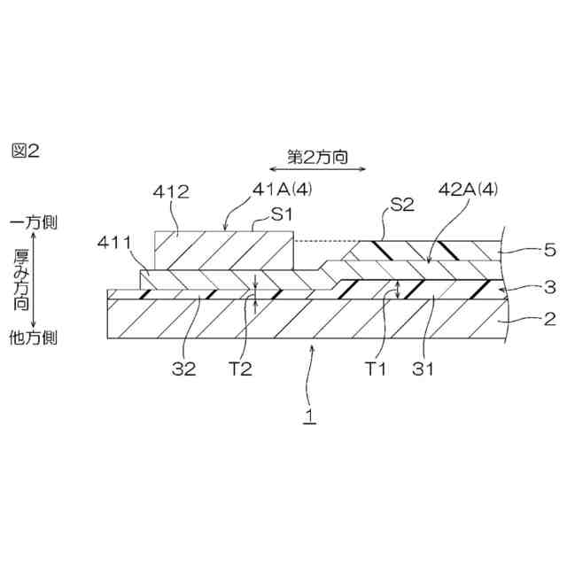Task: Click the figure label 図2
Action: pos(26,151)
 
